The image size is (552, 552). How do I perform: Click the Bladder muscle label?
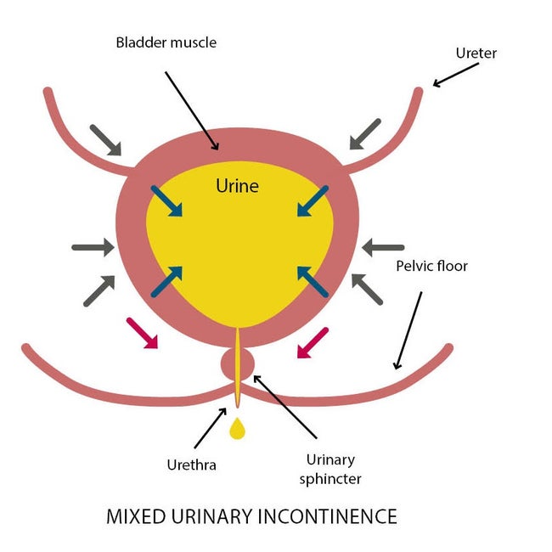[x=166, y=42]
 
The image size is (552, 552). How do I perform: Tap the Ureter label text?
[x=476, y=54]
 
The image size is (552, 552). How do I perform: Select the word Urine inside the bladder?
[x=237, y=185]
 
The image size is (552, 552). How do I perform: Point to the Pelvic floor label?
[x=432, y=266]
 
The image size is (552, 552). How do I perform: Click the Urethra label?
[x=192, y=465]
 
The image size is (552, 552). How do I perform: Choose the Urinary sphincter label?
[x=330, y=470]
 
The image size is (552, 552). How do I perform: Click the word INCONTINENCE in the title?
[x=328, y=516]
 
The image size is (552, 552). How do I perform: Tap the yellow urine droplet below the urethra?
[x=237, y=428]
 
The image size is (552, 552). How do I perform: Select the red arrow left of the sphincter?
[x=142, y=333]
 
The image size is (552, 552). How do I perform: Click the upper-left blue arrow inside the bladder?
[x=166, y=201]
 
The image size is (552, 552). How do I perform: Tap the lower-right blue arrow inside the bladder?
[x=313, y=282]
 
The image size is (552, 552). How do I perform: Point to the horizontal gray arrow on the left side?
[x=93, y=247]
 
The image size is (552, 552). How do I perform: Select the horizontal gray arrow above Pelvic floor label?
[x=383, y=247]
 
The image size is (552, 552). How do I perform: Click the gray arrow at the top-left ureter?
[x=105, y=140]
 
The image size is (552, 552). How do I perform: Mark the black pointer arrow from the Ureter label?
[x=456, y=75]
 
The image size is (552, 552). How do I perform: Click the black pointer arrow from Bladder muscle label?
[x=192, y=111]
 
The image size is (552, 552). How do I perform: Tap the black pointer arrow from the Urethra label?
[x=211, y=428]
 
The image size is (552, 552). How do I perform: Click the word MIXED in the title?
[x=136, y=516]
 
